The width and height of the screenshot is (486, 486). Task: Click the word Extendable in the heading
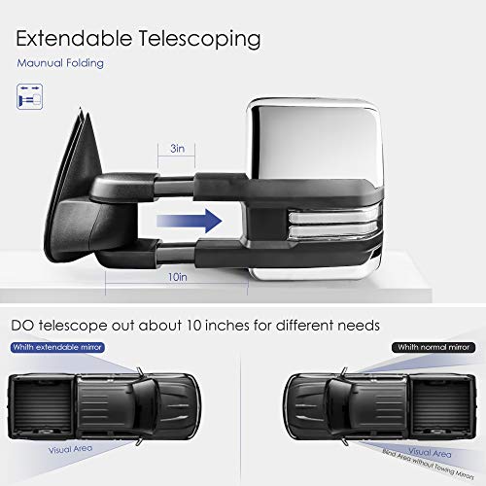[74, 38]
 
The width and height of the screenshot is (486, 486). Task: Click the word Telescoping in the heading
[199, 40]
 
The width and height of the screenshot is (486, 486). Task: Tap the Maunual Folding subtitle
[60, 63]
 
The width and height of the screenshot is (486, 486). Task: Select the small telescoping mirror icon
[29, 96]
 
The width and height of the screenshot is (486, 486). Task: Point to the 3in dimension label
[177, 149]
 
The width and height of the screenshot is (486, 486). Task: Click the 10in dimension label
[177, 277]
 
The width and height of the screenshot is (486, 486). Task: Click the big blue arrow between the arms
[190, 221]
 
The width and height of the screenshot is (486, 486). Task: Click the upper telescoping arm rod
[174, 186]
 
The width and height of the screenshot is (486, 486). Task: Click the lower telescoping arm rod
[177, 253]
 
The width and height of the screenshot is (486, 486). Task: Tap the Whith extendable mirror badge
[57, 347]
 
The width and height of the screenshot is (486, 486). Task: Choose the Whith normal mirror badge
[434, 347]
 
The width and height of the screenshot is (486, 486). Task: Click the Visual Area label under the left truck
[70, 449]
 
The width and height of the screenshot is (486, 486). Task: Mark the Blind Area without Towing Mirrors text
[428, 464]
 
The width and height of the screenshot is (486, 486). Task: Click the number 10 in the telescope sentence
[194, 326]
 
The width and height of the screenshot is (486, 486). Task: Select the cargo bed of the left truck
[43, 406]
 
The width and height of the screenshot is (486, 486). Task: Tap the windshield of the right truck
[338, 406]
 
